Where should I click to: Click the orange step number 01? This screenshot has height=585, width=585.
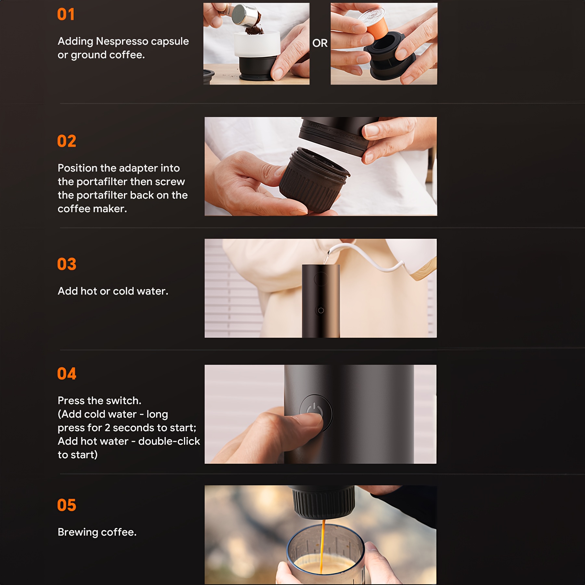pos(66,14)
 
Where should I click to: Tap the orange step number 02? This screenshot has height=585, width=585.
pos(67,141)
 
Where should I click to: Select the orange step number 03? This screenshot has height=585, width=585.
pos(67,264)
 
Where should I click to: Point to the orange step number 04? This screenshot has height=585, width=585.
pos(67,373)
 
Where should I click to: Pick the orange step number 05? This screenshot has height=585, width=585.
pos(67,505)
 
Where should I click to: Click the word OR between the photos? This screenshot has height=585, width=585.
pos(320,43)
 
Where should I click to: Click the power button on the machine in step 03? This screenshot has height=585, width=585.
pos(320,310)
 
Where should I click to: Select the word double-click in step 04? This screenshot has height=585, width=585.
pos(169,441)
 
